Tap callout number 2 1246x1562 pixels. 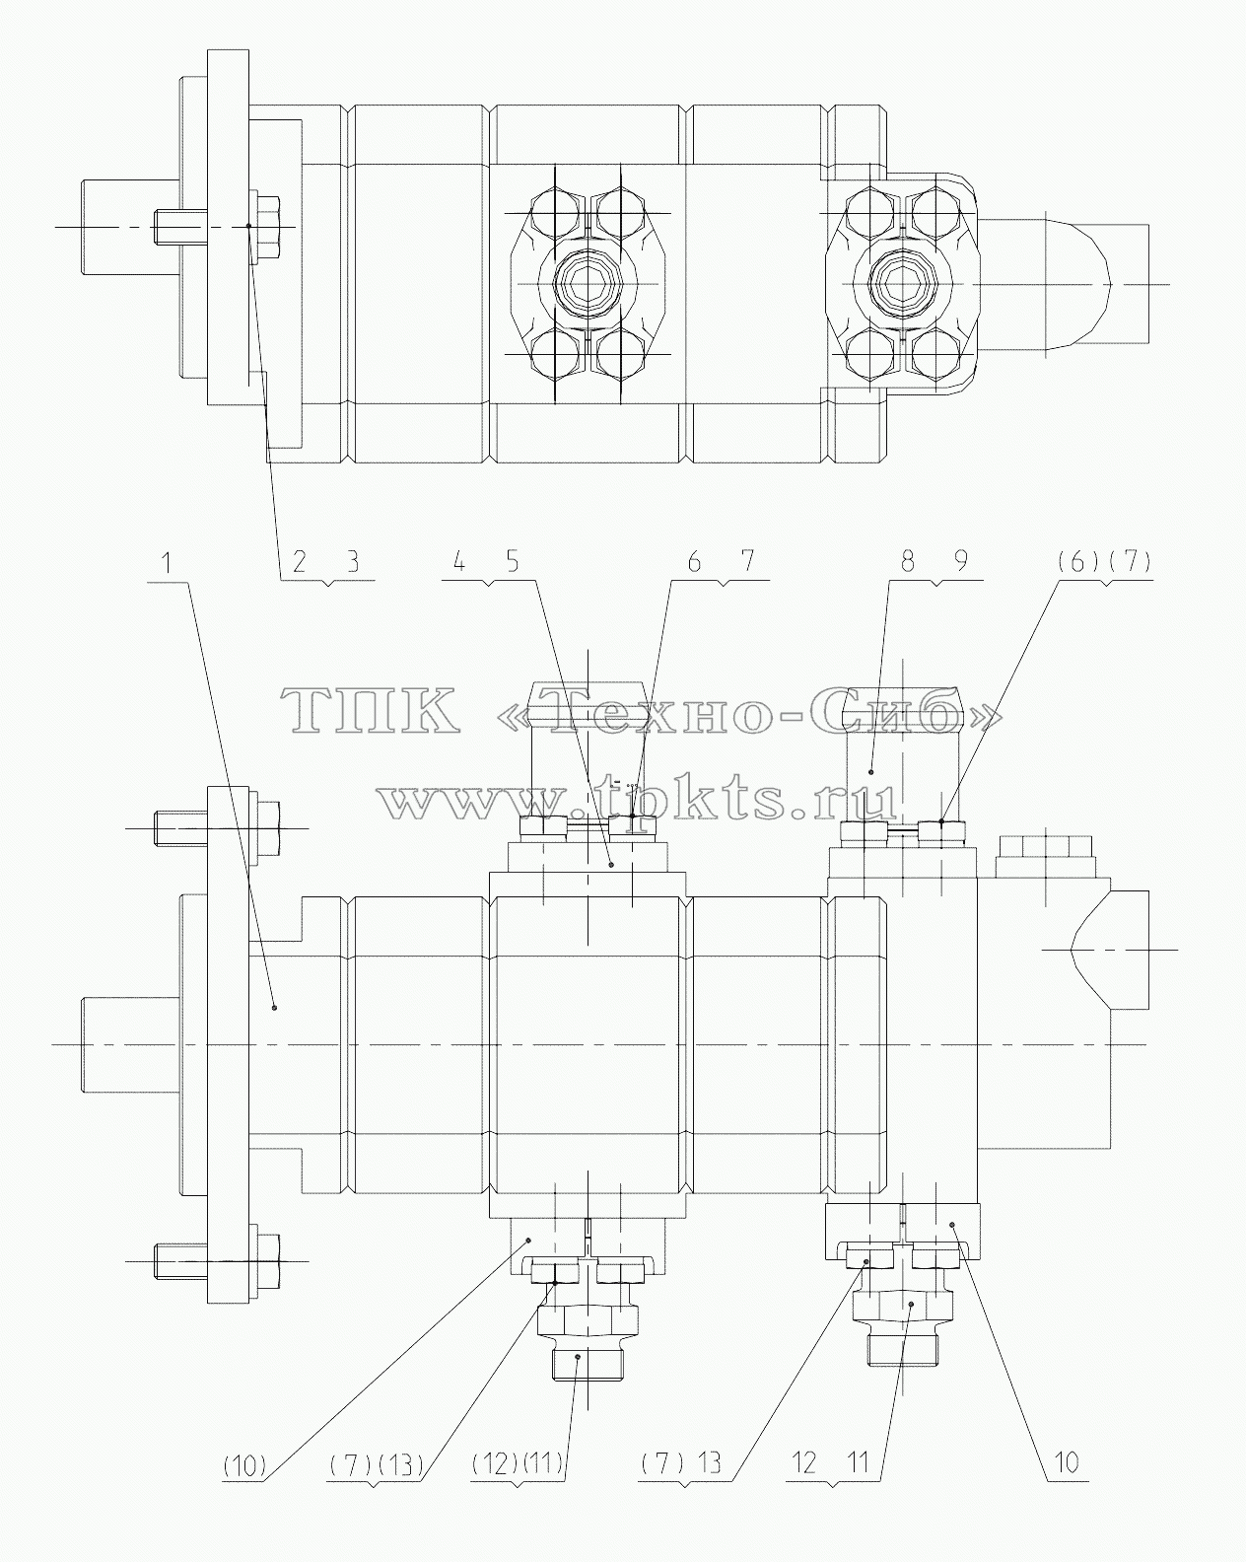[300, 562]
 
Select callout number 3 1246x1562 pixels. [354, 562]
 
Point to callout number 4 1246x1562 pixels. [459, 562]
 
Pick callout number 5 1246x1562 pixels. [513, 562]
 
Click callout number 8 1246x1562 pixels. [909, 562]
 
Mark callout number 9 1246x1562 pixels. [961, 562]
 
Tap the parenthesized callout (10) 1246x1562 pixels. [245, 1466]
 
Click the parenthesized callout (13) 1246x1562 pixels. [401, 1466]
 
